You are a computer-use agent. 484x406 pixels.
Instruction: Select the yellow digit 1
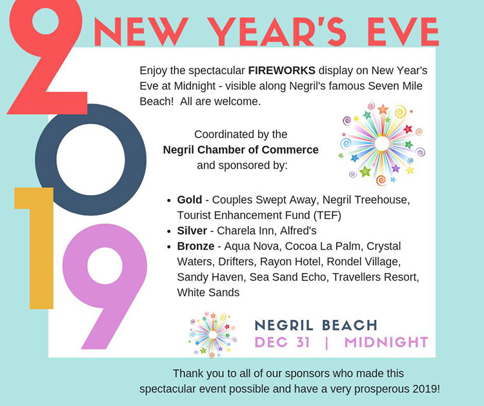pyautogui.click(x=41, y=247)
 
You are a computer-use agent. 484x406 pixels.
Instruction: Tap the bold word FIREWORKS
pyautogui.click(x=282, y=70)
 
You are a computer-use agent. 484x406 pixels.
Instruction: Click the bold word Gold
pyautogui.click(x=190, y=199)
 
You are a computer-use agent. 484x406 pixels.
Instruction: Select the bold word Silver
pyautogui.click(x=192, y=230)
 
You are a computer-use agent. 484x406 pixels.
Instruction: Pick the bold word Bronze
pyautogui.click(x=196, y=246)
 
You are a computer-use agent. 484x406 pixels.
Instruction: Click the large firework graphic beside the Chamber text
pyautogui.click(x=382, y=143)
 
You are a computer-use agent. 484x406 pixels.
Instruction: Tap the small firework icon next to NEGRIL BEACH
pyautogui.click(x=212, y=335)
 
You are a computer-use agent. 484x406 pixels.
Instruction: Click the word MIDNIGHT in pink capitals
pyautogui.click(x=386, y=342)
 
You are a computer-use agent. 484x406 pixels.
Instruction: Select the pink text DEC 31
pyautogui.click(x=283, y=342)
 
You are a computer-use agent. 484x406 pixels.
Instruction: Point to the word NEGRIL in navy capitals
pyautogui.click(x=284, y=325)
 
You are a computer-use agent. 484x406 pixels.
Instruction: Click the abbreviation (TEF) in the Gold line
pyautogui.click(x=327, y=215)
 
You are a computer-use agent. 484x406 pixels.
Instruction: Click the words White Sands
pyautogui.click(x=208, y=292)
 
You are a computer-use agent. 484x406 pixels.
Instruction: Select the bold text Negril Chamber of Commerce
pyautogui.click(x=241, y=150)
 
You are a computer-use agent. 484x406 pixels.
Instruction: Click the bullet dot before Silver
pyautogui.click(x=168, y=231)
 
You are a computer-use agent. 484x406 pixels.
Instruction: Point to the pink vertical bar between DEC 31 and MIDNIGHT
pyautogui.click(x=327, y=343)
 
